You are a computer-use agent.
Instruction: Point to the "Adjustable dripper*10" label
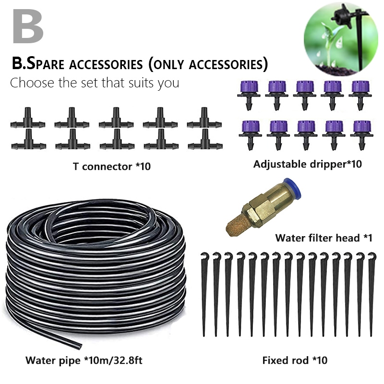307,164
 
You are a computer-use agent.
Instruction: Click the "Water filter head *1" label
324,238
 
